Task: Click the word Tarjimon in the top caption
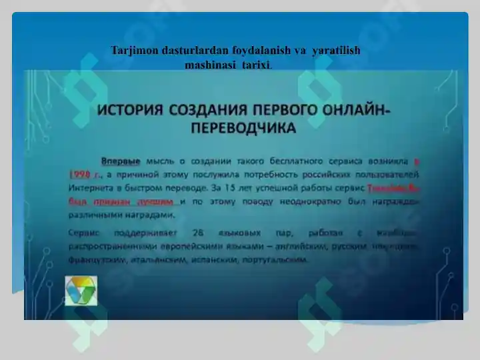(x=131, y=51)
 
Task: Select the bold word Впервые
(x=121, y=161)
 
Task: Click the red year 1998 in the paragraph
(x=80, y=175)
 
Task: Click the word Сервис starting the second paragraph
(x=84, y=233)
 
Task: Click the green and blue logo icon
(x=81, y=291)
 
